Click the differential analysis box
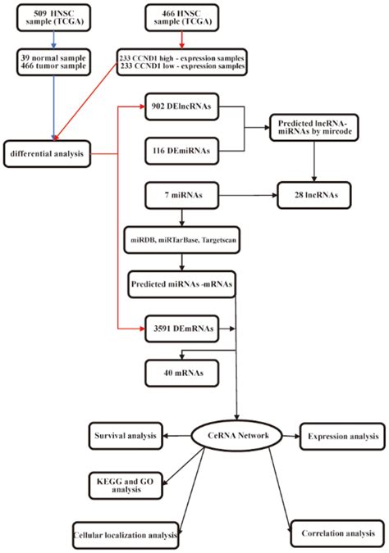pos(47,153)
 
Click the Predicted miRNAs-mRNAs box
pos(181,283)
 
